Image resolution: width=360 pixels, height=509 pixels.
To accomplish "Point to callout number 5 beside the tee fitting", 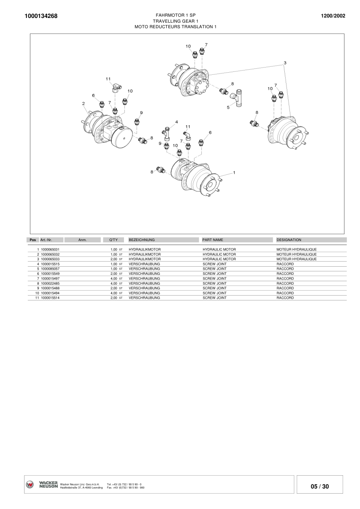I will pos(228,108).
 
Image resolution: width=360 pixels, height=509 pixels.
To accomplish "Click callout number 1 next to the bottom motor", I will pos(234,173).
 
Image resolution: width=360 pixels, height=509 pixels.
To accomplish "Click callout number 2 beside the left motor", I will pos(84,103).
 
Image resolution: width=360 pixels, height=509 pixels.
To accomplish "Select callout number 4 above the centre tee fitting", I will pos(177,122).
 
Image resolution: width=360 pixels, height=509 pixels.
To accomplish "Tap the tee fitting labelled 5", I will pos(239,99).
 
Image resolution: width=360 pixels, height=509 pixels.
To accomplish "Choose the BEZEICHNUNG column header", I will pos(142,240).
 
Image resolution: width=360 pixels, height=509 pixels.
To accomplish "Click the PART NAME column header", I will pos(212,240).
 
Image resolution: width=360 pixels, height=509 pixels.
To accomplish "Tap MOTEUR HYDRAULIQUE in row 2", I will pos(296,254).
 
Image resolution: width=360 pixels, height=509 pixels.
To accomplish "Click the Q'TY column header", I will pos(113,240).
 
